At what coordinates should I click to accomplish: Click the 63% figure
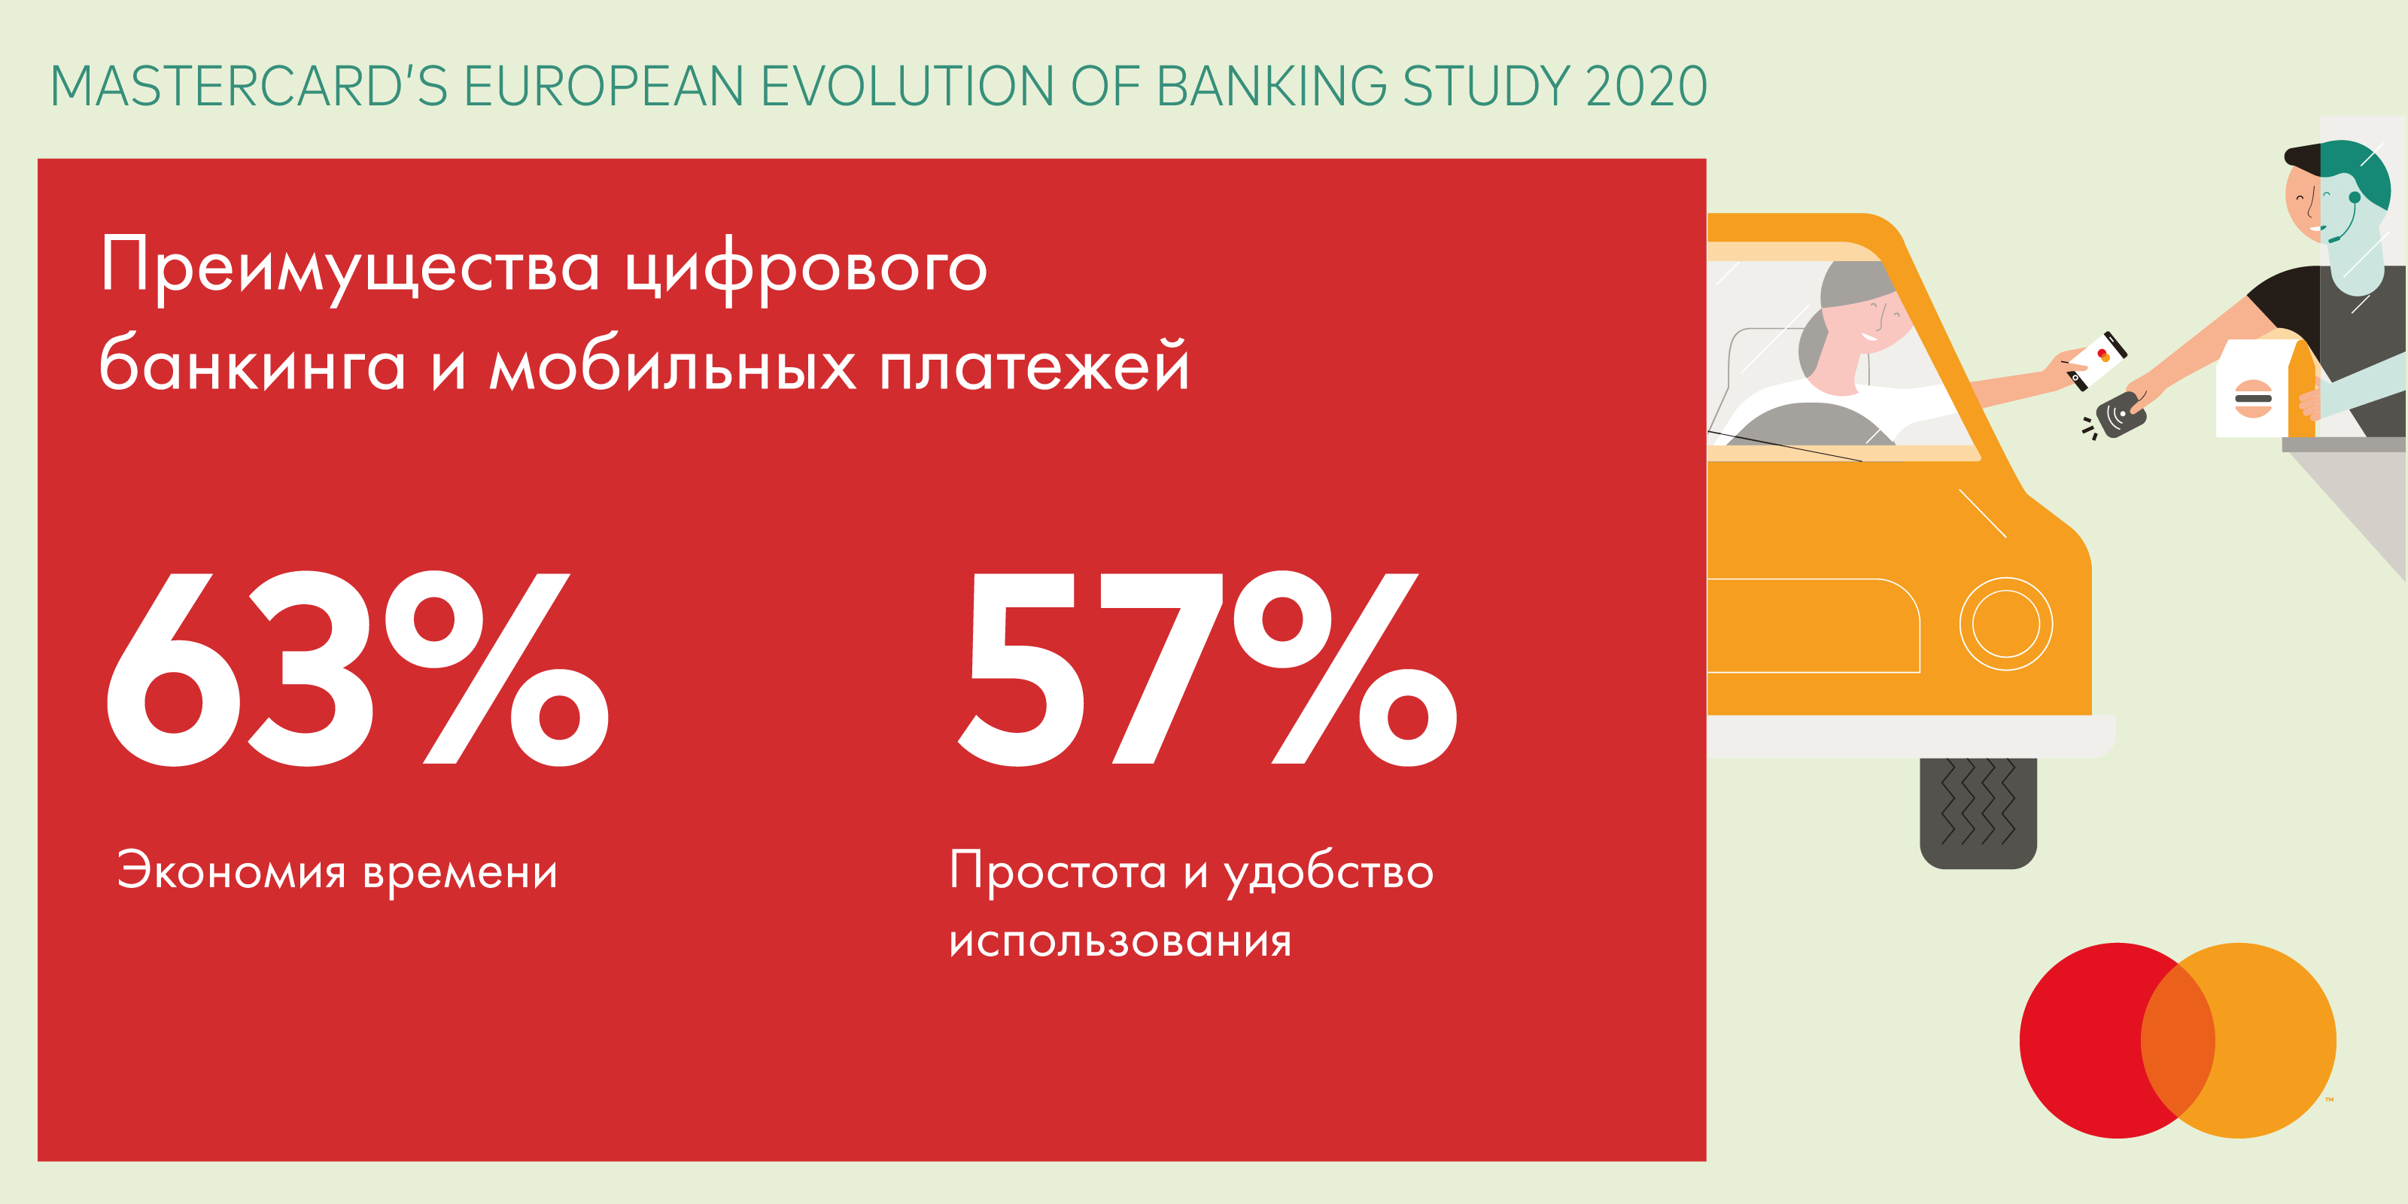[357, 668]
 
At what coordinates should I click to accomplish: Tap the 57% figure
[1208, 668]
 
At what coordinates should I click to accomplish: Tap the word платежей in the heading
[1035, 364]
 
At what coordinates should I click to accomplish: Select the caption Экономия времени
[337, 871]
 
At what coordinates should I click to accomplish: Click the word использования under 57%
[1120, 941]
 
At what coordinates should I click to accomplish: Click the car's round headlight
[2006, 624]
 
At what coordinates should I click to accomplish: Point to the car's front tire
[1978, 813]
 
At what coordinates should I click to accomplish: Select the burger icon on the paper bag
[2253, 399]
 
